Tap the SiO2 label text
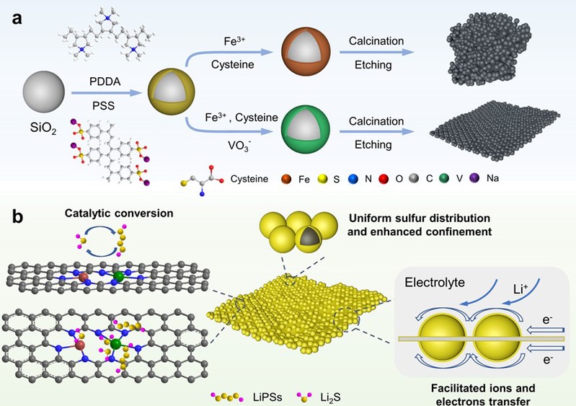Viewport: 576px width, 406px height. pos(40,133)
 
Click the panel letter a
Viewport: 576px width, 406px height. pos(15,17)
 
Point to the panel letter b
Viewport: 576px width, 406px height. pos(16,216)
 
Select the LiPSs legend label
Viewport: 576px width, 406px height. pos(257,394)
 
